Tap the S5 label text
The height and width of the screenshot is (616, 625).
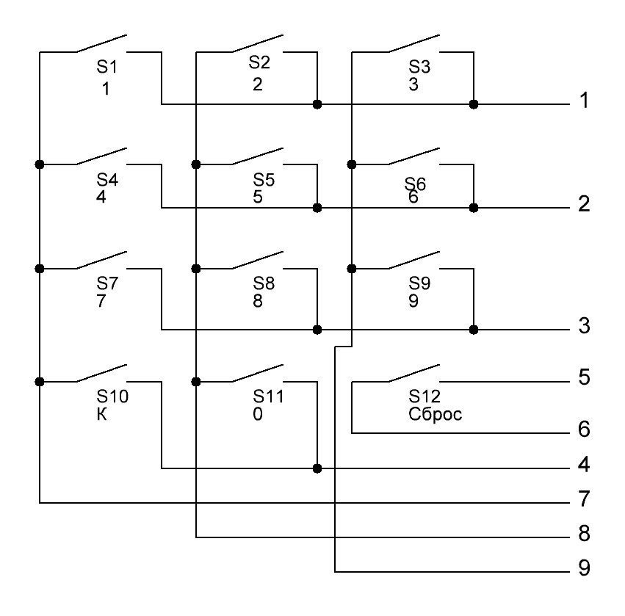click(x=263, y=179)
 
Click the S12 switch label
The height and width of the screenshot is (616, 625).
click(x=424, y=398)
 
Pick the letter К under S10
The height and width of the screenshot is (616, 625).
click(x=101, y=413)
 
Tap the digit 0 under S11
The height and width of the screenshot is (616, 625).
click(x=257, y=413)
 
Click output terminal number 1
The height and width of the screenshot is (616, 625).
click(x=584, y=101)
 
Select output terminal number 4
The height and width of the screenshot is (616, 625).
click(x=584, y=465)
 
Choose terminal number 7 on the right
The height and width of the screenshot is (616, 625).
click(x=584, y=501)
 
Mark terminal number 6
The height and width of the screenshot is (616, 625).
click(x=584, y=430)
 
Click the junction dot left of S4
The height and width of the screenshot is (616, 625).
click(x=40, y=164)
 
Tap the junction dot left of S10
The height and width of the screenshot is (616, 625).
click(x=40, y=381)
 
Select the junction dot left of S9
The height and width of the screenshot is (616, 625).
click(x=353, y=268)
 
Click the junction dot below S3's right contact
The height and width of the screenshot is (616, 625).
click(x=474, y=104)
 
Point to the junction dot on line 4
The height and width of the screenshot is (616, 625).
click(x=317, y=468)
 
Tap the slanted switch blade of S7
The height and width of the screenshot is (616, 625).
click(x=103, y=260)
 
